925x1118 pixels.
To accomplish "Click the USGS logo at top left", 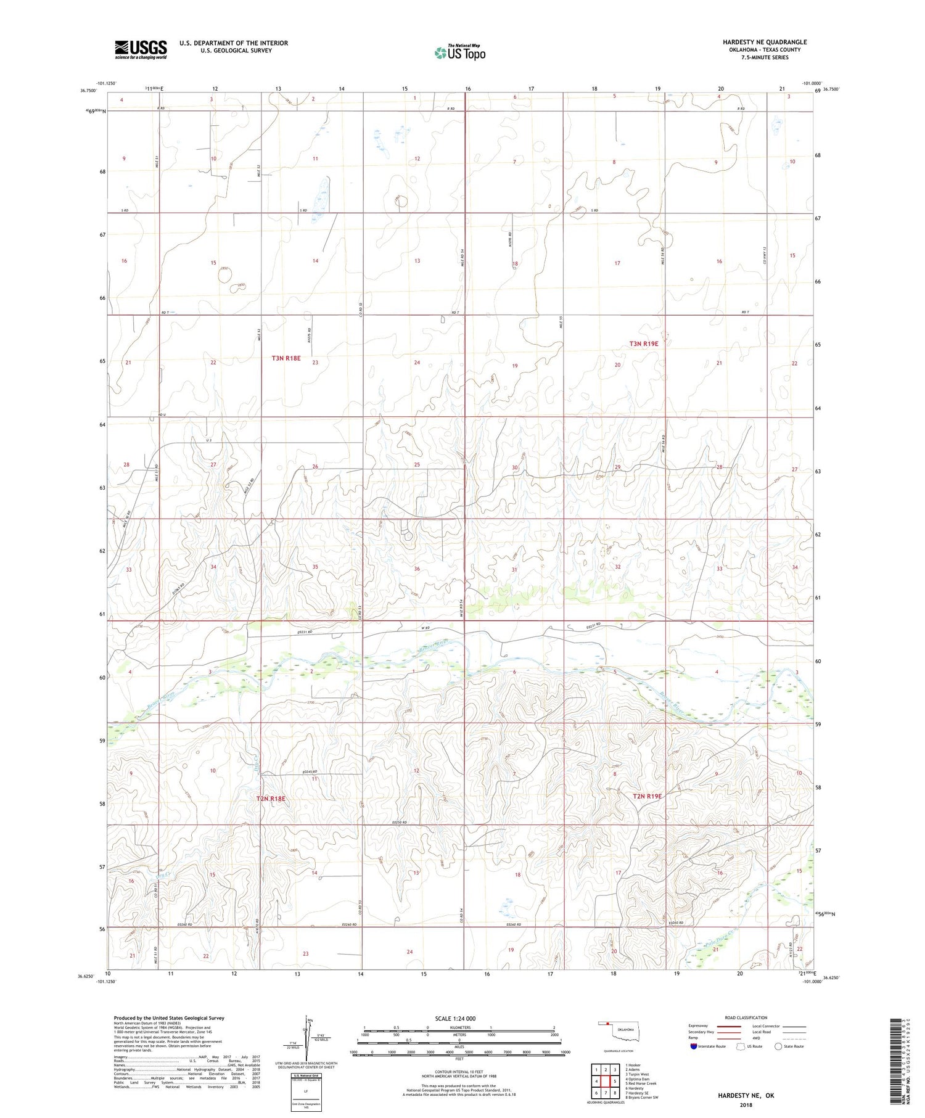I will (141, 49).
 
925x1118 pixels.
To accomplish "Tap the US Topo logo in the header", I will (460, 53).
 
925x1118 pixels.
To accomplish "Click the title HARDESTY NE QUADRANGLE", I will (765, 42).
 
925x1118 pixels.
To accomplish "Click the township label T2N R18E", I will (271, 799).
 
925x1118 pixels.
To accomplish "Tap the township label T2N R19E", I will (647, 796).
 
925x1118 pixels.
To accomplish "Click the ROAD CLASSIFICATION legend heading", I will (746, 1017).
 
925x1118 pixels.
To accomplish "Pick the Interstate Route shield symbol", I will (693, 1046).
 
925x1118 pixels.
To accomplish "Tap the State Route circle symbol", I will (778, 1046).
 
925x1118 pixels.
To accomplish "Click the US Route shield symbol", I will (741, 1046).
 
